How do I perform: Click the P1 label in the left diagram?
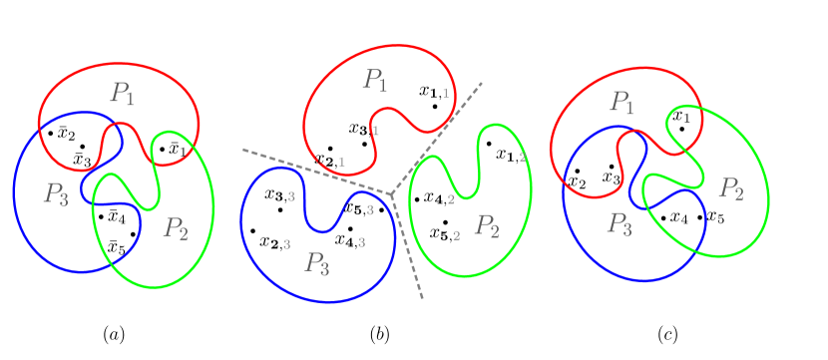pos(123,94)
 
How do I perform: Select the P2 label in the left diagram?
pos(175,228)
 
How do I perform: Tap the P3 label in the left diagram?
pos(55,193)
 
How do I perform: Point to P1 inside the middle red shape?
pos(375,80)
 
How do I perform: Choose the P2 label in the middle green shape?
pos(486,225)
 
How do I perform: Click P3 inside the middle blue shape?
pos(317,263)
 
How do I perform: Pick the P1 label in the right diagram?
pos(622,102)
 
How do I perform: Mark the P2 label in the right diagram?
pos(731,187)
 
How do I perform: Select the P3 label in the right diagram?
pos(620,223)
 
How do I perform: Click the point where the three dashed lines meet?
pos(392,192)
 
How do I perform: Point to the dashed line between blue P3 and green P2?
pos(408,249)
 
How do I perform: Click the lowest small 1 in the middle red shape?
pos(341,162)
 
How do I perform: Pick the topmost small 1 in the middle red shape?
pos(445,93)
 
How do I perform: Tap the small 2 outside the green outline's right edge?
pos(522,157)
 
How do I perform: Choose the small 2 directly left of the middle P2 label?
pos(456,235)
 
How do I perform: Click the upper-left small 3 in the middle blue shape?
pos(291,196)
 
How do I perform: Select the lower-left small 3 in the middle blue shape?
pos(286,243)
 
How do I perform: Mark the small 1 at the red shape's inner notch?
pos(375,131)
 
